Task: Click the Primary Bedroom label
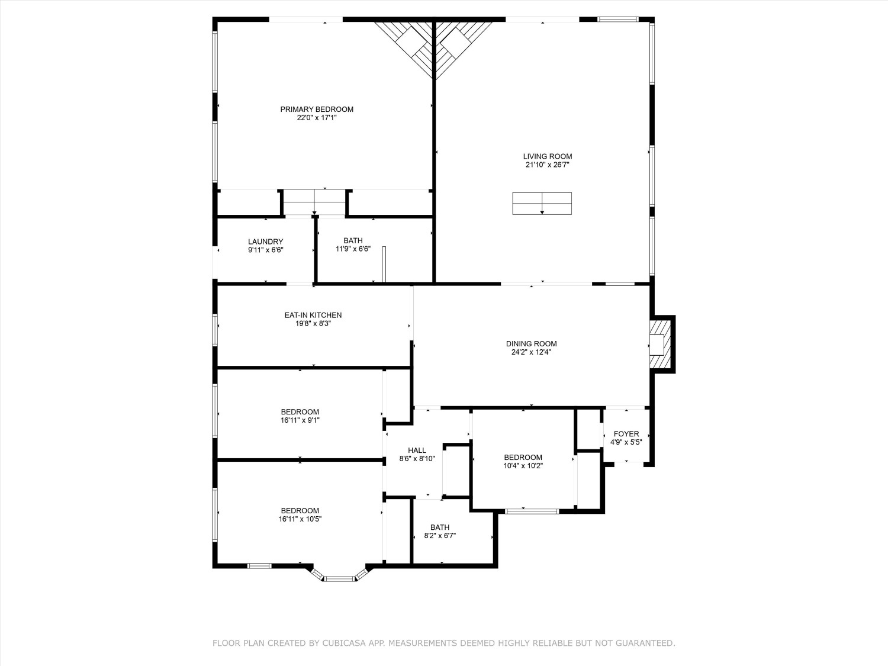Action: click(x=317, y=109)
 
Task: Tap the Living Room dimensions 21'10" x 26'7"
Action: click(x=548, y=165)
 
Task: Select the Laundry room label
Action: click(x=265, y=242)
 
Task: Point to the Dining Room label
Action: click(x=531, y=343)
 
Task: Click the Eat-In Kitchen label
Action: click(x=313, y=315)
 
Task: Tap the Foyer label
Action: click(x=626, y=434)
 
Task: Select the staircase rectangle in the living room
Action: click(x=542, y=204)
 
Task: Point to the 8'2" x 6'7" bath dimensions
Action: click(x=440, y=536)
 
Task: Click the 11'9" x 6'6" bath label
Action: click(x=353, y=240)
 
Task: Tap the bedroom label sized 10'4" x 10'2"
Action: click(x=523, y=457)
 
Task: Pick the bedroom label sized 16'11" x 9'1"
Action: click(x=300, y=412)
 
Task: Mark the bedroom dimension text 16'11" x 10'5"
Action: click(x=300, y=519)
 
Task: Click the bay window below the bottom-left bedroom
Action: click(x=339, y=578)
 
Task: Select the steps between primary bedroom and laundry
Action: click(x=314, y=202)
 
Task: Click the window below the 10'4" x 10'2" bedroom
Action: click(x=532, y=511)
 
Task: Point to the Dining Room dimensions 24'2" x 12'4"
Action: click(x=531, y=352)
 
